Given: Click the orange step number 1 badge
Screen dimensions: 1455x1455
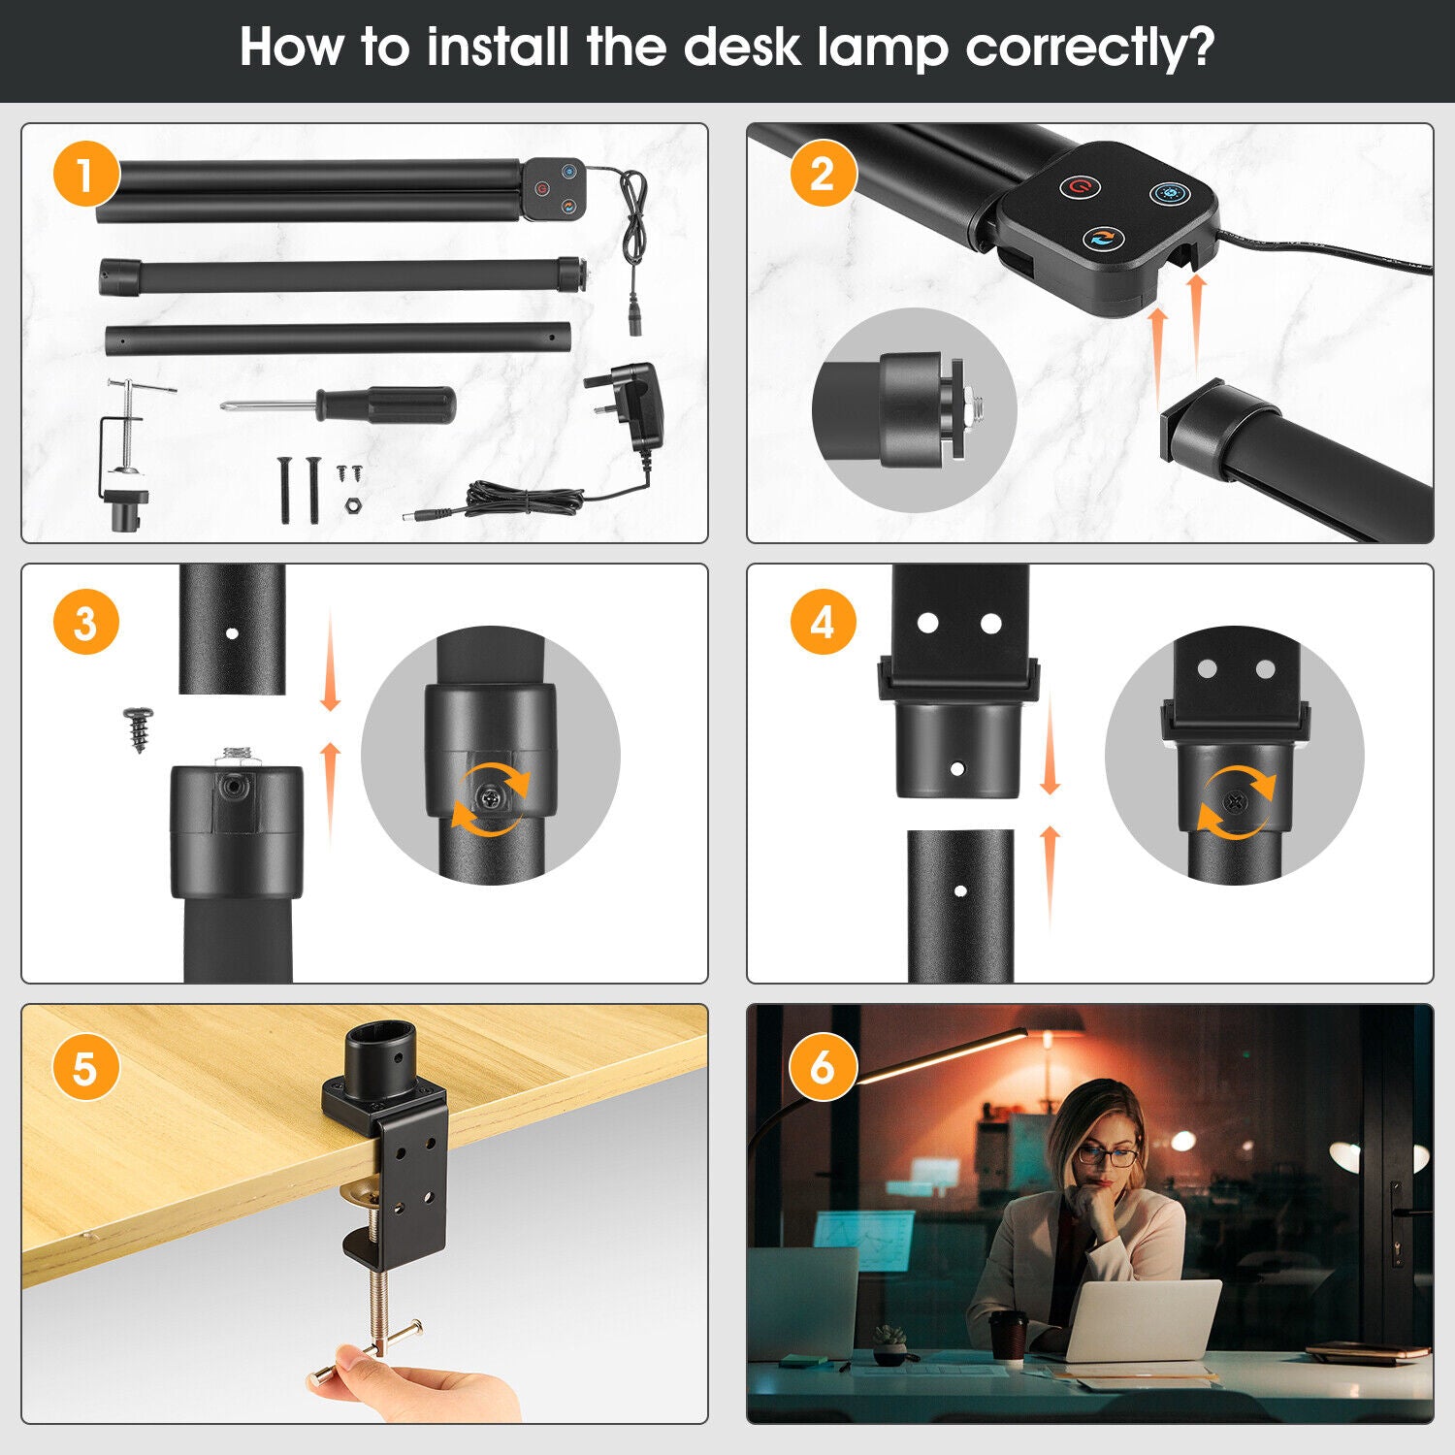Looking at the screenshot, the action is point(86,176).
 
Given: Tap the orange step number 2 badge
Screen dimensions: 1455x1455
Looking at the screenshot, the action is point(823,175).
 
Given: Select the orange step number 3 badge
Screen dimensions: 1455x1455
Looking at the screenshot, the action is point(86,622).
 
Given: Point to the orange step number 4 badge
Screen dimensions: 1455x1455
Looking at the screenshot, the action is point(823,622).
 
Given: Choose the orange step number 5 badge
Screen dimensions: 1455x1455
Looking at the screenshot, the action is point(86,1068).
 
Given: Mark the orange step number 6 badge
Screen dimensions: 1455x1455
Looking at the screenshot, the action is point(823,1068).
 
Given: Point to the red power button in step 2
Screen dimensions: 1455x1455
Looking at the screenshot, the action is point(1079,186).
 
